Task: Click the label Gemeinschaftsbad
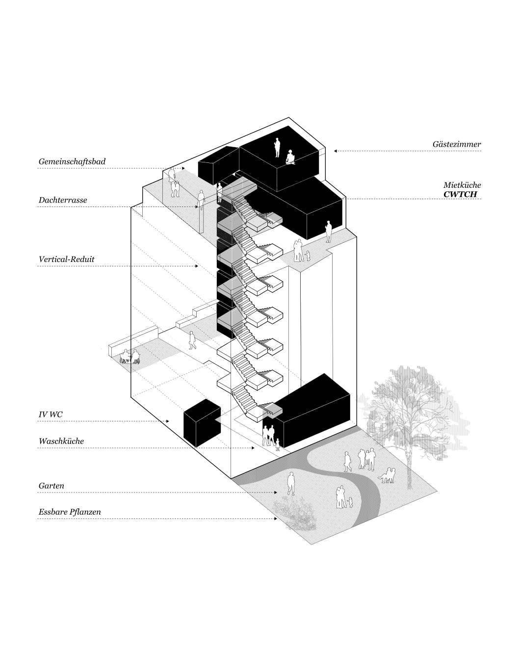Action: [x=72, y=162]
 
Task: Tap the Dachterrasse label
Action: [x=63, y=200]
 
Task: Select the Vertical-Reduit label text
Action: [x=66, y=260]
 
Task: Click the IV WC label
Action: [x=51, y=415]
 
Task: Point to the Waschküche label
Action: [x=61, y=441]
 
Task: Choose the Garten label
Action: [x=52, y=486]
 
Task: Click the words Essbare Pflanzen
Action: [x=70, y=512]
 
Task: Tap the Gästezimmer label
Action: [x=457, y=144]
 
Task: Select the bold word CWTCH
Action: [x=460, y=195]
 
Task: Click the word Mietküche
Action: [x=462, y=185]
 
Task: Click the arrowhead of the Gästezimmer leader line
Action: [x=336, y=151]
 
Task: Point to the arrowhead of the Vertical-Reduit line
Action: [x=197, y=266]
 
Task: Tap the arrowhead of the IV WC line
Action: [x=168, y=421]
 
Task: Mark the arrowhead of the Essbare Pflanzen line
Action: [x=276, y=519]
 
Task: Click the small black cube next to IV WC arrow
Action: [x=202, y=423]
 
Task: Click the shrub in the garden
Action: [x=294, y=514]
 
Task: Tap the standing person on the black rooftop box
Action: [x=277, y=148]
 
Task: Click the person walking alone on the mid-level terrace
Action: [x=192, y=340]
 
